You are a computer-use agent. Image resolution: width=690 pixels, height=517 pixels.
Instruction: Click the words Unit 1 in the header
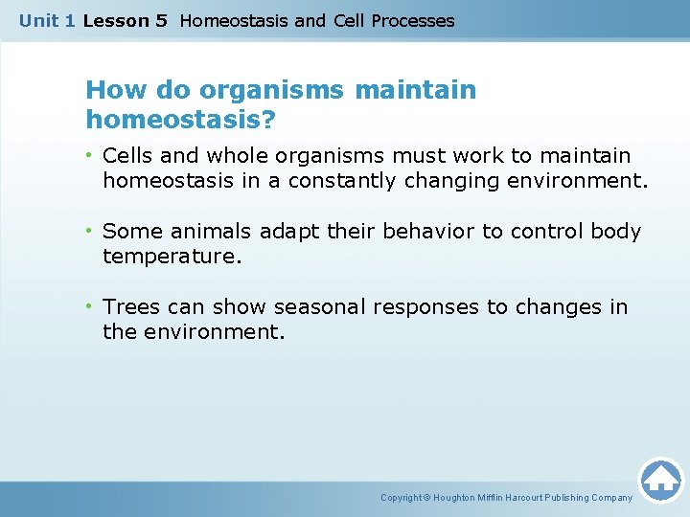(46, 20)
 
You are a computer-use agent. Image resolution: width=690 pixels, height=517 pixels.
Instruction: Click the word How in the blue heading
(112, 91)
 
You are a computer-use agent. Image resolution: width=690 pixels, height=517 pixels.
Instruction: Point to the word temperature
(171, 256)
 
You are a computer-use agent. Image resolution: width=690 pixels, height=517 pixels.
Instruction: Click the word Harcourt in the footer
(531, 498)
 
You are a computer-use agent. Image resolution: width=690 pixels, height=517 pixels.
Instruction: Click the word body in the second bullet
(616, 231)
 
